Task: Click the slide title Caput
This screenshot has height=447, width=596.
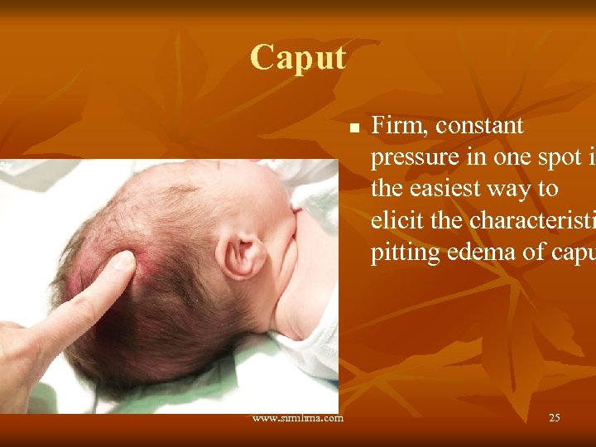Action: click(298, 58)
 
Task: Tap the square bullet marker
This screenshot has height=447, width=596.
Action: click(353, 129)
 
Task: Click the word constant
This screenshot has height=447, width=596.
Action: click(479, 126)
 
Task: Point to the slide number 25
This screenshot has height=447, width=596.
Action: click(554, 418)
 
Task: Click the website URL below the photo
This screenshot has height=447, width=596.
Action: click(298, 418)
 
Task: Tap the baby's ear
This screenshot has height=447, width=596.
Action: click(241, 253)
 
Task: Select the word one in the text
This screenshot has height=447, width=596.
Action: click(497, 158)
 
